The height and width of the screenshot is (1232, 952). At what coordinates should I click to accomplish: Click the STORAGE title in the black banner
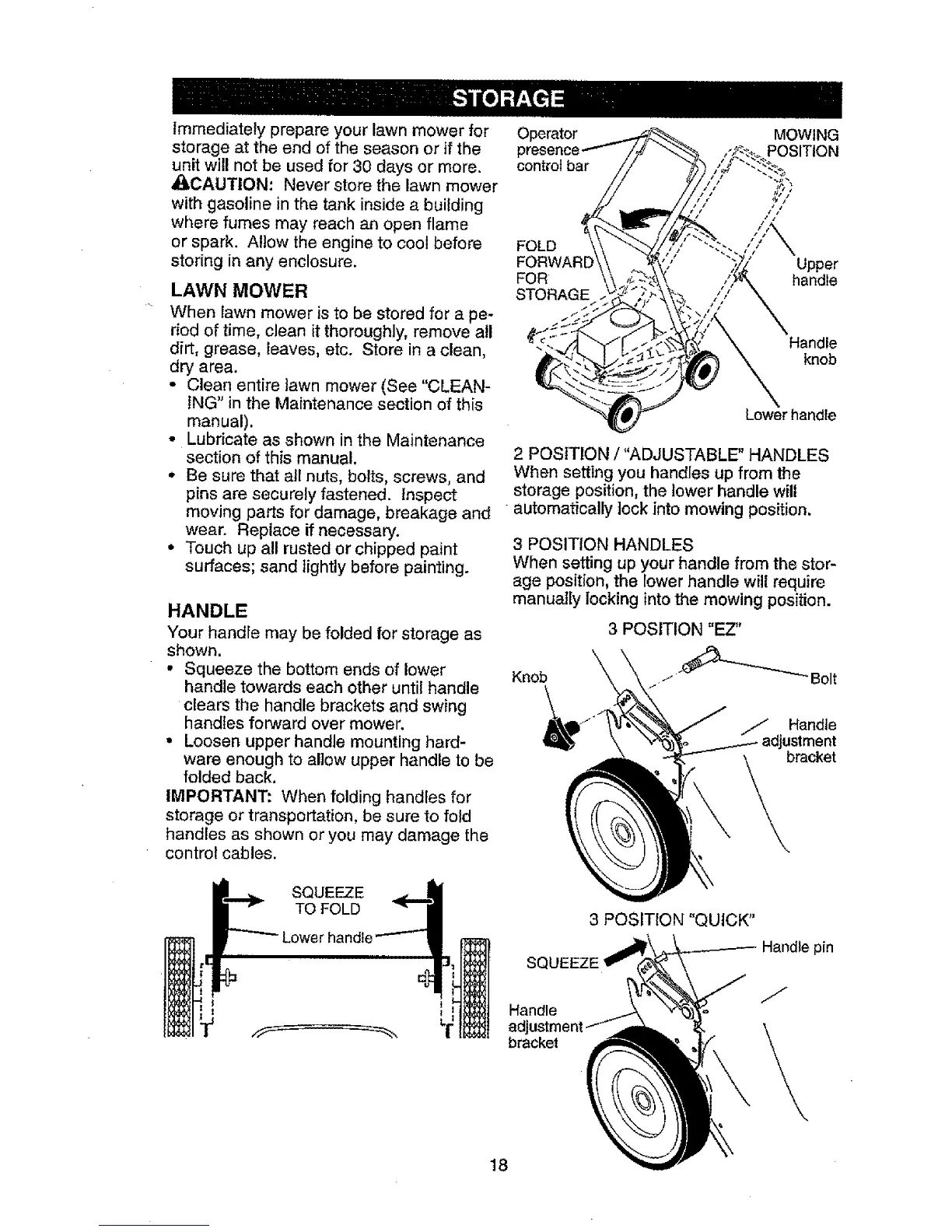(507, 98)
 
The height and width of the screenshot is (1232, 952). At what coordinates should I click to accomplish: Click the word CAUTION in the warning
(226, 187)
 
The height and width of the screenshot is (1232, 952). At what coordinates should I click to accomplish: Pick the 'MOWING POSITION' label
(801, 142)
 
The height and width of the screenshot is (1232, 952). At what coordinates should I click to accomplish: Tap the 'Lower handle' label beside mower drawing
(789, 416)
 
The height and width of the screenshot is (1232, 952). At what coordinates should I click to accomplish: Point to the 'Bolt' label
(823, 679)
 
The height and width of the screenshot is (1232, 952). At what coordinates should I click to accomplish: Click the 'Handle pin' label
(797, 948)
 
